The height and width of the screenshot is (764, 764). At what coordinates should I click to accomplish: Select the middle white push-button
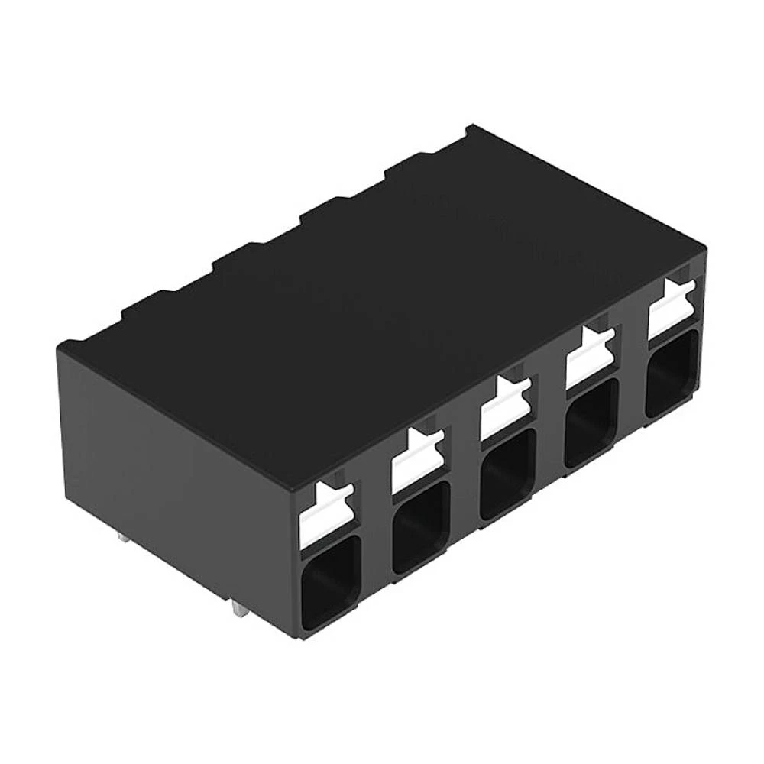504,409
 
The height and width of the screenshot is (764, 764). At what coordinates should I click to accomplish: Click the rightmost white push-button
671,310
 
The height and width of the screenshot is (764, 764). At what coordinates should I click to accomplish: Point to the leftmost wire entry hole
330,582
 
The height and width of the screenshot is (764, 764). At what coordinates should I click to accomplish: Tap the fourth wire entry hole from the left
590,422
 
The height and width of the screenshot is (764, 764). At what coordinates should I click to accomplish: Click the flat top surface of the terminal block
382,290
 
